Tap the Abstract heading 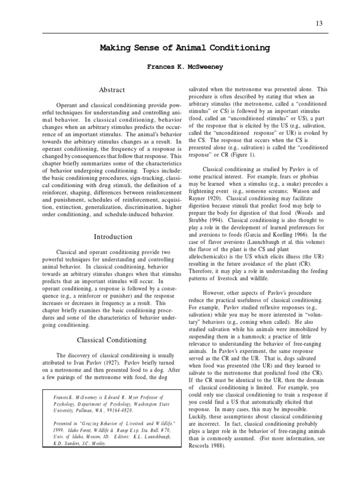click(x=112, y=90)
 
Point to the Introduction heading click(x=113, y=237)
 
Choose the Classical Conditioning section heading click(x=112, y=340)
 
